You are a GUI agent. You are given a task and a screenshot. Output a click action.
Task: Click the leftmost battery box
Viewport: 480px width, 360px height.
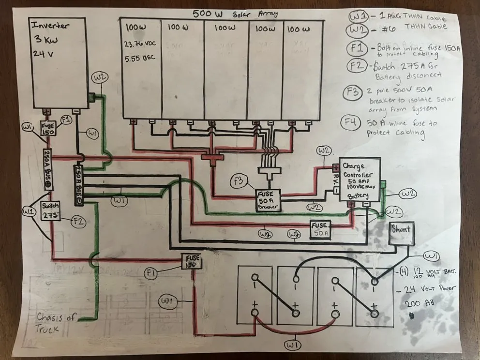255,296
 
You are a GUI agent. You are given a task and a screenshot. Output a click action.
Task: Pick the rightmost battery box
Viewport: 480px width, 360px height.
374,296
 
